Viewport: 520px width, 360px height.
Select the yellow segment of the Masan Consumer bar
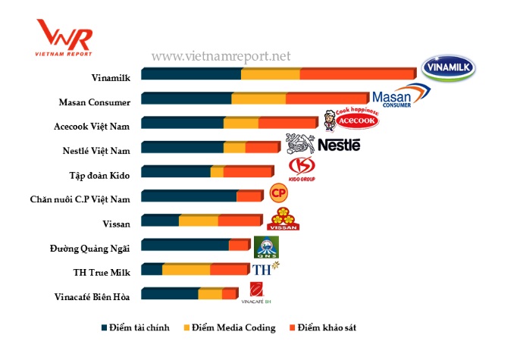[258, 99]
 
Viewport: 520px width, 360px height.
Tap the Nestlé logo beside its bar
[323, 144]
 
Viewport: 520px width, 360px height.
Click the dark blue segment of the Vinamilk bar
[191, 74]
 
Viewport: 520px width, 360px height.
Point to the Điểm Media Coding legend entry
[229, 327]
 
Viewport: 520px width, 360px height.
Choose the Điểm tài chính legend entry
[136, 327]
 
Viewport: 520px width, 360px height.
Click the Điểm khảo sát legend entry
[322, 327]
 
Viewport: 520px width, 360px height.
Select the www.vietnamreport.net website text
[221, 56]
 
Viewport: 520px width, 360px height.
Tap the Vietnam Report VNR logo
[64, 36]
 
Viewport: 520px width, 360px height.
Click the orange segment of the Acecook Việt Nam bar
[287, 123]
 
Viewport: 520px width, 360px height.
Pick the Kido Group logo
[302, 169]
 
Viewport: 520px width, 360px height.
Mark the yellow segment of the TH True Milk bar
[186, 269]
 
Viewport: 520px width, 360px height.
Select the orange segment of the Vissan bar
[240, 221]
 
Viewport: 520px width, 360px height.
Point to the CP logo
[280, 193]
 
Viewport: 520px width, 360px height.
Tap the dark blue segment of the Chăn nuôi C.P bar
[189, 196]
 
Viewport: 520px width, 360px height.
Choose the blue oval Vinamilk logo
[453, 69]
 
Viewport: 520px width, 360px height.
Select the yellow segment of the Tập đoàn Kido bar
[217, 172]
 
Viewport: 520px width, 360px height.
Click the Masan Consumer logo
[401, 96]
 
